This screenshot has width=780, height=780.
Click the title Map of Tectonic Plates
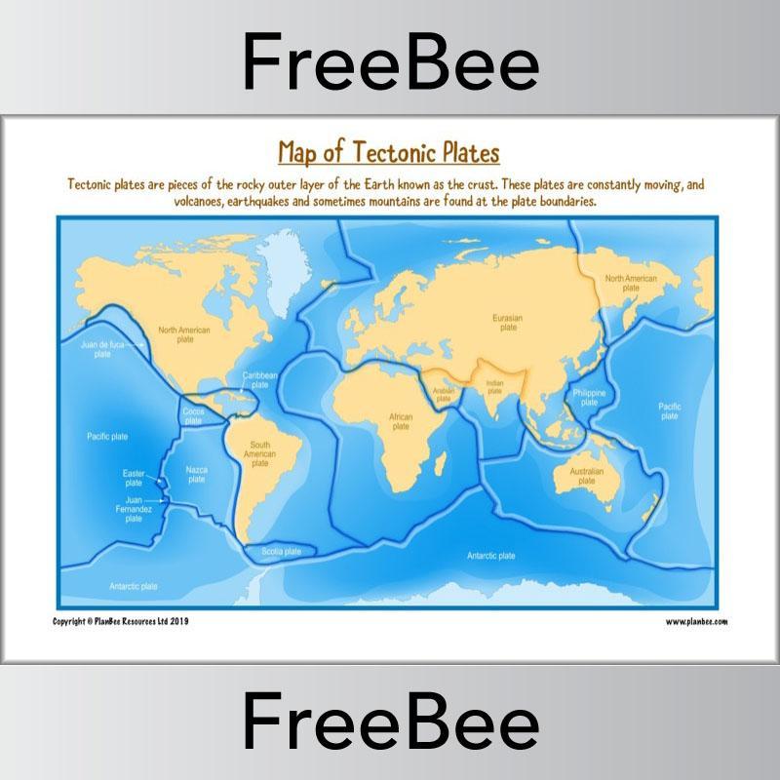[388, 153]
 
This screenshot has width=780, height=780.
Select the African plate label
[401, 421]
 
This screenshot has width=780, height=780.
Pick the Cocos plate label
[192, 416]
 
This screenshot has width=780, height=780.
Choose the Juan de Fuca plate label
[101, 349]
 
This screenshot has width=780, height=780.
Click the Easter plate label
[133, 478]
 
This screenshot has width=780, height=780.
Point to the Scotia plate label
[282, 552]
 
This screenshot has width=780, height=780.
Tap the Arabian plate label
[444, 395]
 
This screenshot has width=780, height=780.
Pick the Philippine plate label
[589, 396]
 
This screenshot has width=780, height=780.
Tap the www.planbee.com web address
[696, 621]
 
